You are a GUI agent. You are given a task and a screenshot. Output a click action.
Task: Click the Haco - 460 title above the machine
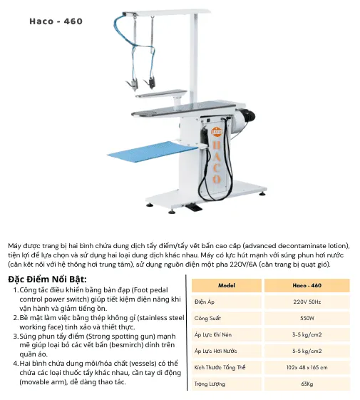pyautogui.click(x=56, y=21)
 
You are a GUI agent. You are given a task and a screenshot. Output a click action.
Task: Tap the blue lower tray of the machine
pyautogui.click(x=153, y=153)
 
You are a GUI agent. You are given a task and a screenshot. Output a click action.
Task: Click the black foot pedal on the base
pyautogui.click(x=194, y=207)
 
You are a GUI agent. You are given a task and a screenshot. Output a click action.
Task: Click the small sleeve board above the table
pyautogui.click(x=161, y=93)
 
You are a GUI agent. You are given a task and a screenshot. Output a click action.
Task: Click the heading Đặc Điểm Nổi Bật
pyautogui.click(x=47, y=279)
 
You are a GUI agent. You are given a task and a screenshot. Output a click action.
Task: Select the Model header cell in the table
pyautogui.click(x=227, y=285)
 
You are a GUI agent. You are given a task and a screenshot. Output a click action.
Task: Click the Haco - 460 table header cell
pyautogui.click(x=307, y=285)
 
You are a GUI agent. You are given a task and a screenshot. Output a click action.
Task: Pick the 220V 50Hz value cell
pyautogui.click(x=307, y=302)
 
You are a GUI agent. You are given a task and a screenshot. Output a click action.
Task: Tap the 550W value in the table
pyautogui.click(x=307, y=318)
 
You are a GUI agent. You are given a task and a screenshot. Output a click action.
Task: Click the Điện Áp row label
pyautogui.click(x=205, y=302)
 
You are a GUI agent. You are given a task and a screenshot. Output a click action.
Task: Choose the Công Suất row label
pyautogui.click(x=207, y=319)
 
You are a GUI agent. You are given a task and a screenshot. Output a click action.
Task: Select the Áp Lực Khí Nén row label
pyautogui.click(x=213, y=334)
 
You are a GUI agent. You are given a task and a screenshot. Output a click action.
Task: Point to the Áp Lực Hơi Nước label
pyautogui.click(x=215, y=351)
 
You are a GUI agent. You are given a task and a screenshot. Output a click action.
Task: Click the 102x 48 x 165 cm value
pyautogui.click(x=307, y=367)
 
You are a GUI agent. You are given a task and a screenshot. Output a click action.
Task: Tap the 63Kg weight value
pyautogui.click(x=307, y=384)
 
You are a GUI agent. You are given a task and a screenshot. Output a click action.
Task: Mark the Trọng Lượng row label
pyautogui.click(x=210, y=384)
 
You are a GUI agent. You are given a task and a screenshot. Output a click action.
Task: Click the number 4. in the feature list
pyautogui.click(x=16, y=363)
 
